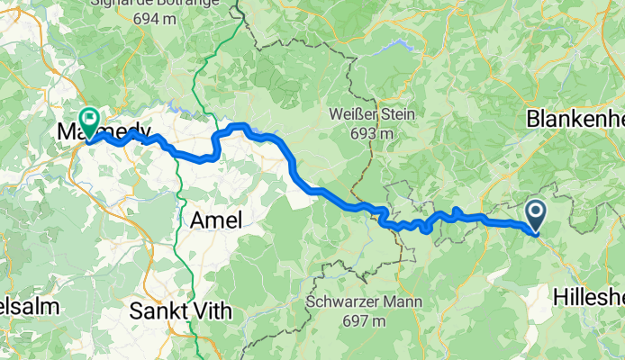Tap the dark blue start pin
(x=535, y=214)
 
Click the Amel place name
(x=215, y=219)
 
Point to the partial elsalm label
(x=29, y=306)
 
